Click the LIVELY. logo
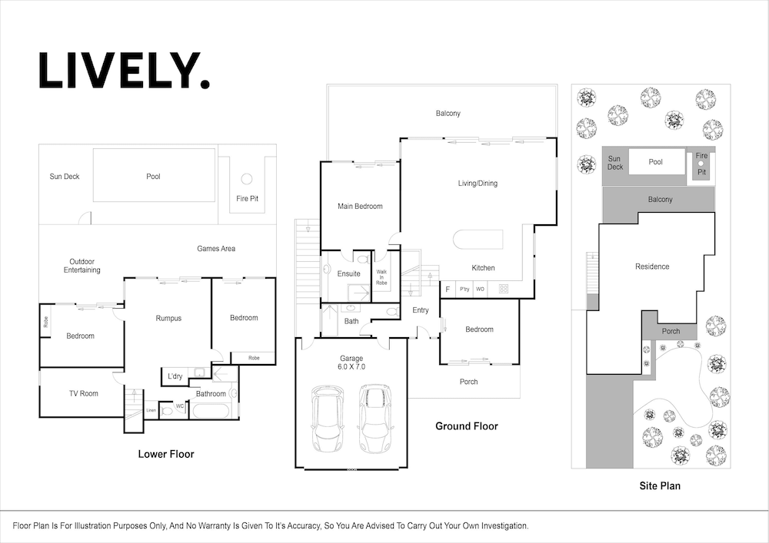(124, 71)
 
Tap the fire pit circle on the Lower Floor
(247, 179)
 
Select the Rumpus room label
(168, 318)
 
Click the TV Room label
(83, 393)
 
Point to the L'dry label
(175, 376)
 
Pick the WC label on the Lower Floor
(180, 406)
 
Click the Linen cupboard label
(151, 410)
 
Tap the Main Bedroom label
(360, 206)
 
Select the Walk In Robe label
(381, 277)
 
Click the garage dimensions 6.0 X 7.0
(351, 366)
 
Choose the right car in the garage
(375, 418)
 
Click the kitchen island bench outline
(478, 240)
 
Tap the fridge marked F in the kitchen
(448, 289)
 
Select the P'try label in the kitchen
(464, 289)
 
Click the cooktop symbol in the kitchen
(504, 289)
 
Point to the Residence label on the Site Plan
(652, 267)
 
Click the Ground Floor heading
(467, 426)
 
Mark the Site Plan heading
(660, 485)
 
